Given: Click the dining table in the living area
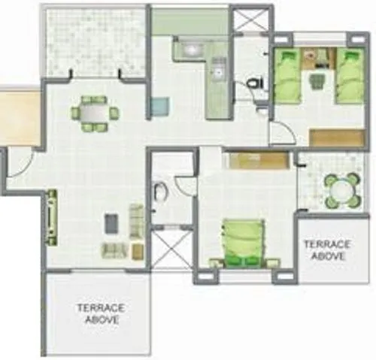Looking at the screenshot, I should (94, 113).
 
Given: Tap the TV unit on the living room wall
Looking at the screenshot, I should (52, 213).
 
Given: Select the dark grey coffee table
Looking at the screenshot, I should (111, 223).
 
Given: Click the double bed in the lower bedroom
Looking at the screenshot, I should (241, 241).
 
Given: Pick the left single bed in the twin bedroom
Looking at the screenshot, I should (287, 76).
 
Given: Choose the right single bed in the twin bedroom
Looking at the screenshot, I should (348, 76).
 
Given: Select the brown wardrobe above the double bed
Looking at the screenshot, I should (258, 160).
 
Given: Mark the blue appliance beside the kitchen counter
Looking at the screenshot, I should (159, 107).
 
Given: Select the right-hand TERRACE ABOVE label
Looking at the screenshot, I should (328, 250).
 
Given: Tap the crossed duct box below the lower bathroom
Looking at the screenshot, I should (172, 247).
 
